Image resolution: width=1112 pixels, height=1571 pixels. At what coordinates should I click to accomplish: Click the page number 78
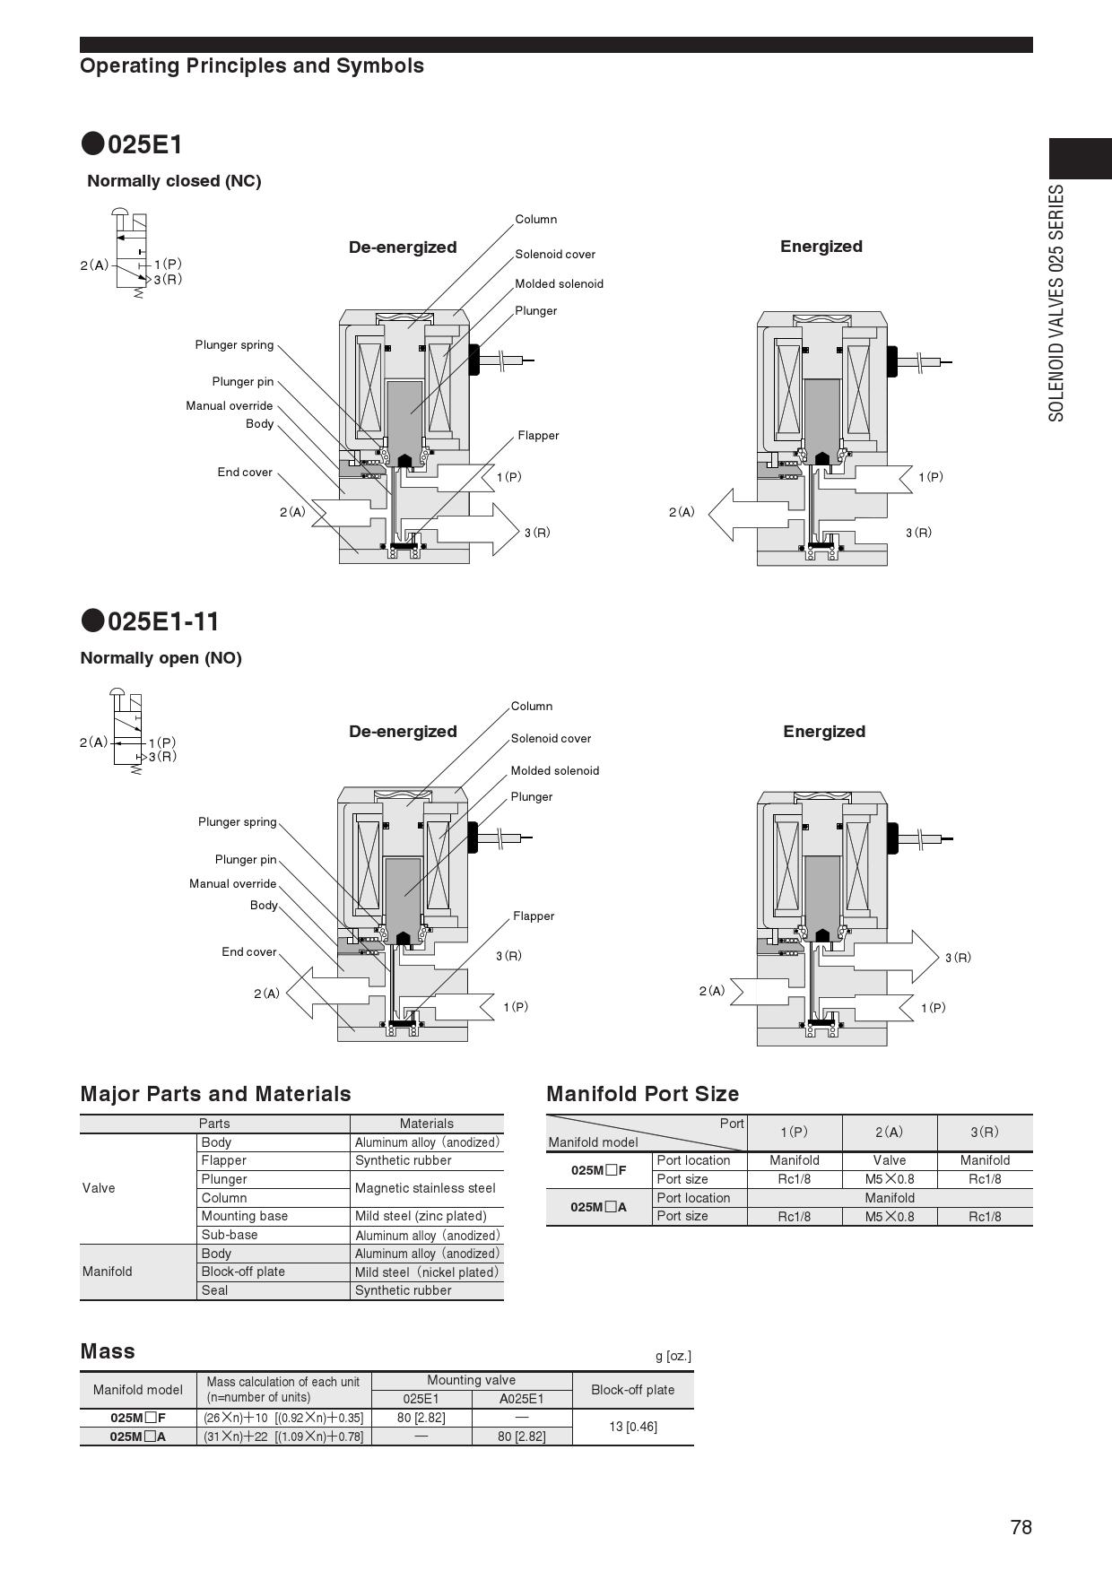[1021, 1528]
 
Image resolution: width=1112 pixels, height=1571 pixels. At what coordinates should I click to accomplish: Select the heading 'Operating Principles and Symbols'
[252, 66]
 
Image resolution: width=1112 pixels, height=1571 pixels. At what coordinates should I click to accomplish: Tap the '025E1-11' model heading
[162, 621]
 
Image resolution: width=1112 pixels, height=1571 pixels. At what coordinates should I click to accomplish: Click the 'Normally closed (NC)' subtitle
[174, 181]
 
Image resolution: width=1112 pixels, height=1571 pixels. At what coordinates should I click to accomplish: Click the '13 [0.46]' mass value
[633, 1427]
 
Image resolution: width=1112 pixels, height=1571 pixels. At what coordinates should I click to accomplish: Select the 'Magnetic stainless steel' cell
[425, 1188]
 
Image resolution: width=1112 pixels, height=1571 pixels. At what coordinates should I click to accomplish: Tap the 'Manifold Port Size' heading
[642, 1094]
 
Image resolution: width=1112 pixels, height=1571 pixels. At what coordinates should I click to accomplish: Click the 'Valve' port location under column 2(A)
[890, 1160]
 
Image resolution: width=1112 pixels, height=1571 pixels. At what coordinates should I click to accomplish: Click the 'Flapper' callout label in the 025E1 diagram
[538, 436]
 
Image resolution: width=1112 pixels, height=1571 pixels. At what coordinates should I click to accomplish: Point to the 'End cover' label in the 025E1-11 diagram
[249, 952]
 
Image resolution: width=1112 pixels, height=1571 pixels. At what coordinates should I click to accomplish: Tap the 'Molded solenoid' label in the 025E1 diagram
[559, 284]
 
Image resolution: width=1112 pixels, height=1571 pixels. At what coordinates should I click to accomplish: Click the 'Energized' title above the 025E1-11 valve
[824, 732]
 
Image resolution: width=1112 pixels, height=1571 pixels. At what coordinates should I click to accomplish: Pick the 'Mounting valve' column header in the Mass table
[471, 1381]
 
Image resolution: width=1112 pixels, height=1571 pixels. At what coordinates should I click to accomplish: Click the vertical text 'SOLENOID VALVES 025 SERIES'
[1057, 303]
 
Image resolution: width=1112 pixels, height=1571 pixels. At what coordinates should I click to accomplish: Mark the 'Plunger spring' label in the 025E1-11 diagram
[238, 822]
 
